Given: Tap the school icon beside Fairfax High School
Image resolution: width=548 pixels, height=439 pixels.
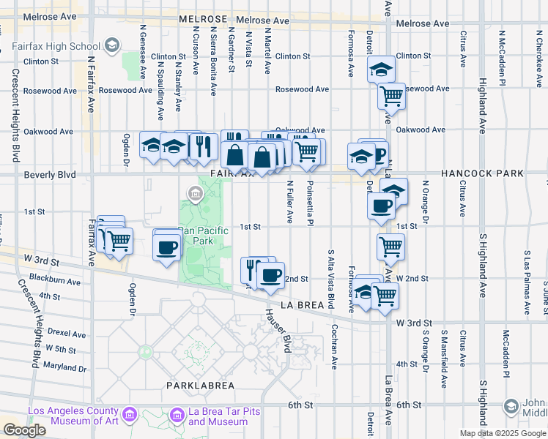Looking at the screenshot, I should point(111,45).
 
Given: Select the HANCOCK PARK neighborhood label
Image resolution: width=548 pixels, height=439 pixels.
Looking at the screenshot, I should point(482,173).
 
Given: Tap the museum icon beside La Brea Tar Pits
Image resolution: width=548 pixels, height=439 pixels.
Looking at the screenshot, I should point(177,416).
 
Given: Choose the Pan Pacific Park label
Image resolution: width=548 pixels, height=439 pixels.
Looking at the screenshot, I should point(204,235).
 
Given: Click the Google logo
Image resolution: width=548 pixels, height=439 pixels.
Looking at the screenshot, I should point(24,430).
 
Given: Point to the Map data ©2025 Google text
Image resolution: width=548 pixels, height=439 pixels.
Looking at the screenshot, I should point(503,433).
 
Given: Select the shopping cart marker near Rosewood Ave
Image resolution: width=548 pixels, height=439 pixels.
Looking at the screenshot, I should point(392,94).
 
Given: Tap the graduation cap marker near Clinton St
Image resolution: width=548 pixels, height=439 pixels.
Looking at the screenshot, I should point(380,70).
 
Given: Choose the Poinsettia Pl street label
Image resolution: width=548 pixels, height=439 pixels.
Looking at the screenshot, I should point(311,202).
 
